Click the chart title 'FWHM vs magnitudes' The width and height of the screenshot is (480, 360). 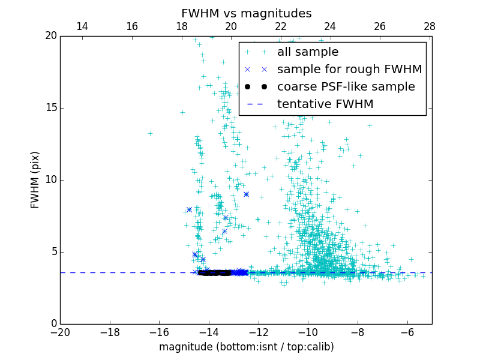246,13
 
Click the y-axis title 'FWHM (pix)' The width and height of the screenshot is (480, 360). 35,179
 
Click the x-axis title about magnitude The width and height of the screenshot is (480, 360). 246,347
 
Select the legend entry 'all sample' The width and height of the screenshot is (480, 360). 307,52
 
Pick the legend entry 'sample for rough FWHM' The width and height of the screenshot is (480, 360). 349,70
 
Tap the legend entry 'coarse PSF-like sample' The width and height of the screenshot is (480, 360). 346,87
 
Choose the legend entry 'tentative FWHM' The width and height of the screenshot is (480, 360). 325,104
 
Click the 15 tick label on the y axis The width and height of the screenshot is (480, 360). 50,108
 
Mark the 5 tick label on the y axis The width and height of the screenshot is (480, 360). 53,251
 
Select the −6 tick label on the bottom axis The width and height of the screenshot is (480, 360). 407,332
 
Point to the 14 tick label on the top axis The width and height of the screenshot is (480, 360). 82,26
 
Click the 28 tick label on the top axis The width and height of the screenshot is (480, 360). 429,26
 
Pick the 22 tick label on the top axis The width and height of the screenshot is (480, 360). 281,26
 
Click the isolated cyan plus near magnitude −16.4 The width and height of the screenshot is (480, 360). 150,133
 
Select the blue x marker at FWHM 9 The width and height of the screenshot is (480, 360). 246,194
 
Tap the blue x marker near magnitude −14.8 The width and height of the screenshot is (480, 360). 189,209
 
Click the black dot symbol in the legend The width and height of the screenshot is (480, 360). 248,87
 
